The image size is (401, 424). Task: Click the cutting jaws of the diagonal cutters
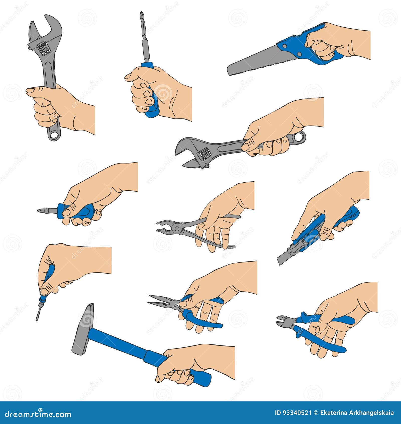(x=282, y=321)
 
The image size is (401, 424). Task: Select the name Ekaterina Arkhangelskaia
(x=357, y=413)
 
